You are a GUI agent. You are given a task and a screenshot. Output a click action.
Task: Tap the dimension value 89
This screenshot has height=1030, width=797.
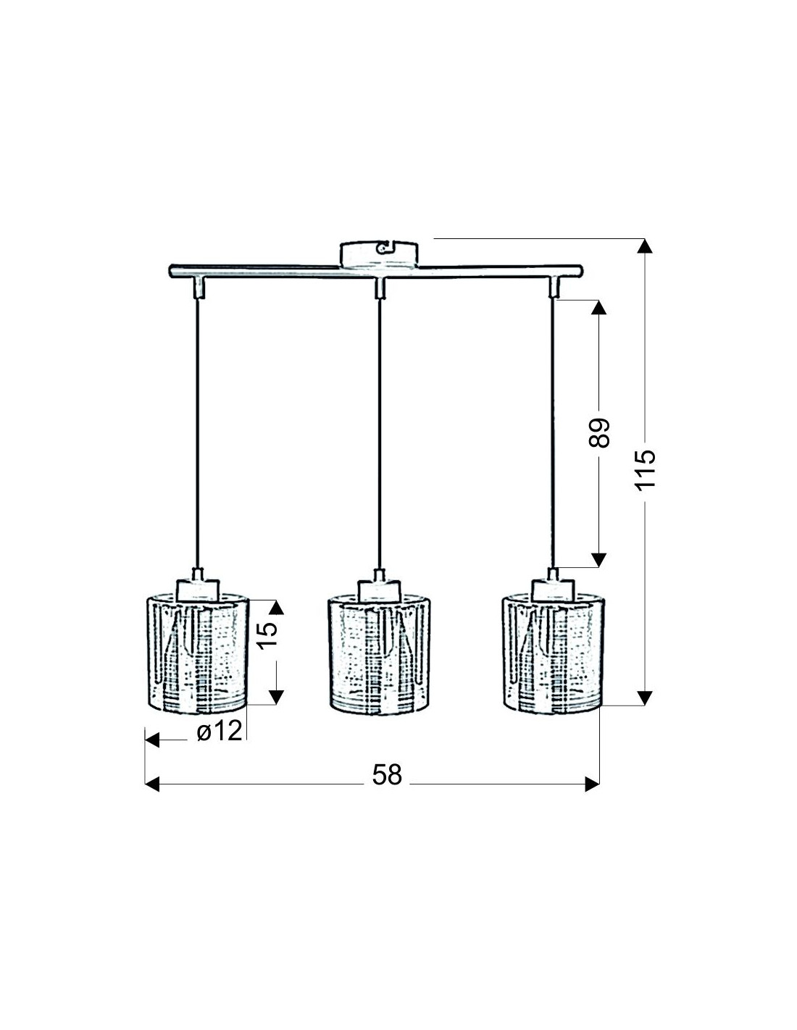click(598, 432)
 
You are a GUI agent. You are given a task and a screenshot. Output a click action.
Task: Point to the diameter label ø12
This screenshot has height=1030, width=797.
click(220, 730)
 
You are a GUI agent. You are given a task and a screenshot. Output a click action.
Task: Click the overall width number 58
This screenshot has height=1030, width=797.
click(387, 775)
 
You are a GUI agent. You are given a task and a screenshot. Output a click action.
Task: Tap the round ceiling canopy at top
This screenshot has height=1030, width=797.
click(379, 254)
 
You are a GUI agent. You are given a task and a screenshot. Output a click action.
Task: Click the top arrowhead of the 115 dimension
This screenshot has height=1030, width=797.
click(644, 246)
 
